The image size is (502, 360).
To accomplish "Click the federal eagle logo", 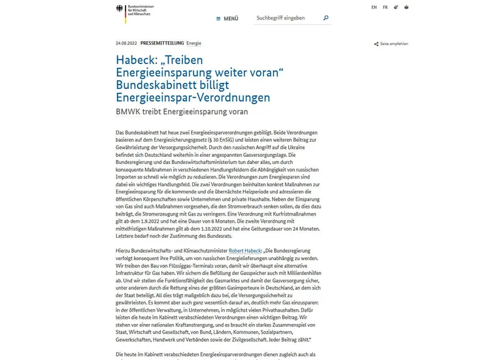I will click(x=120, y=9).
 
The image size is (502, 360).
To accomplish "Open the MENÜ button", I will click(x=227, y=18).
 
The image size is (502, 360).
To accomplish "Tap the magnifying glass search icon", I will click(x=326, y=18).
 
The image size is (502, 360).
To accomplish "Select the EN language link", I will click(x=374, y=7).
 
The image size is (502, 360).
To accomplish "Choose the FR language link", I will click(x=385, y=7).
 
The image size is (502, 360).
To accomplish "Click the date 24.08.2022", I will click(x=125, y=43).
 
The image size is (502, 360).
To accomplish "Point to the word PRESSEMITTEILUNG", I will click(x=162, y=43).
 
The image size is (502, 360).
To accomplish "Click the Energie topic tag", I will click(x=193, y=43).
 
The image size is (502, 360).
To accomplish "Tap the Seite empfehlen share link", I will click(x=392, y=44).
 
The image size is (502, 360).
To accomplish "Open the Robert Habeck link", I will click(x=245, y=250).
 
